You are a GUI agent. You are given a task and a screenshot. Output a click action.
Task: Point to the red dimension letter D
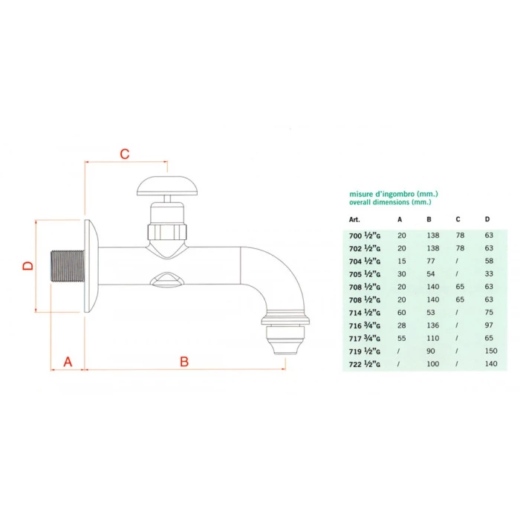27,265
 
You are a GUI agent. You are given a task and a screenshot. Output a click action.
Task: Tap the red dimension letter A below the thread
68,362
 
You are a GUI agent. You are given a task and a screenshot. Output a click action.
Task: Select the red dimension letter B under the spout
185,362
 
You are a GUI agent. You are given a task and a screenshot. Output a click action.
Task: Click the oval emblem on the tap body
165,279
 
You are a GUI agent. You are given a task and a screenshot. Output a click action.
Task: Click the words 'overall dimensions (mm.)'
389,202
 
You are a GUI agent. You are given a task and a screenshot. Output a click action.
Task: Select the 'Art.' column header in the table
354,220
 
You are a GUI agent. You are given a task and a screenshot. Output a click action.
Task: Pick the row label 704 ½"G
364,261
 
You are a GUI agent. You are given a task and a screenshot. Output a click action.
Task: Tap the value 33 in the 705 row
487,274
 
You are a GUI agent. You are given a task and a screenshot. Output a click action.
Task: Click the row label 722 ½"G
364,365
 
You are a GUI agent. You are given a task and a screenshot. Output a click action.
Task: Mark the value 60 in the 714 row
400,313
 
